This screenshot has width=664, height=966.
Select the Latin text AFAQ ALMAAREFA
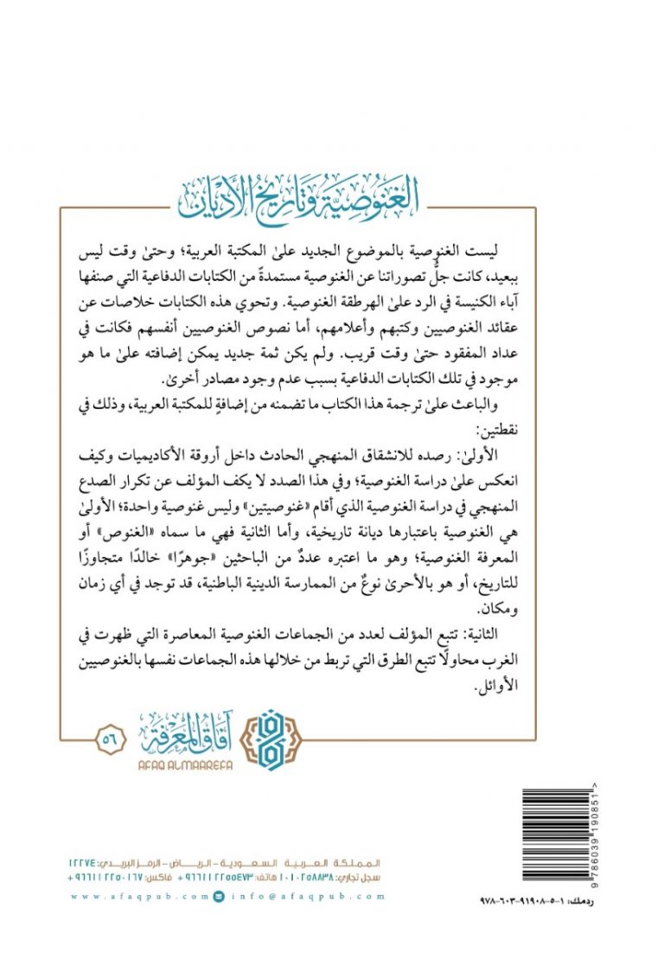tap(180, 764)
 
